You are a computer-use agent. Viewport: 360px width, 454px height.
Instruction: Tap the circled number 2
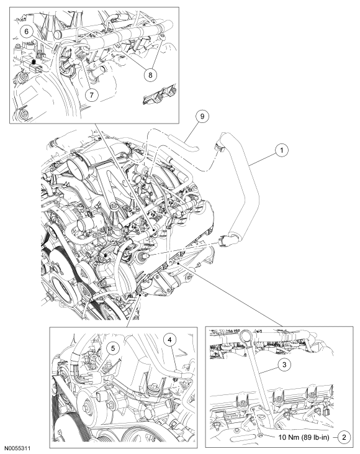[344, 437]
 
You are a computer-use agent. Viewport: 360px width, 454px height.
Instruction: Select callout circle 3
[284, 364]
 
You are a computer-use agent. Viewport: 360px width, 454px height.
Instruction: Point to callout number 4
[170, 340]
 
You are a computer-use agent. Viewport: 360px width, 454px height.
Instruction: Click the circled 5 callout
[113, 348]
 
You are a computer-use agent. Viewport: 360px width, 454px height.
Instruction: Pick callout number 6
[27, 31]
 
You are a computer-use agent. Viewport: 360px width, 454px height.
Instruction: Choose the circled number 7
[92, 94]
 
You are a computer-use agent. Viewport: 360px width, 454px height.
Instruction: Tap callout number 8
[150, 75]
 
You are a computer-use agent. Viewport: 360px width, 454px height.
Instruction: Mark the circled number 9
[202, 116]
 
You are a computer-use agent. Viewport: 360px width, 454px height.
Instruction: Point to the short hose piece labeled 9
[184, 143]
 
